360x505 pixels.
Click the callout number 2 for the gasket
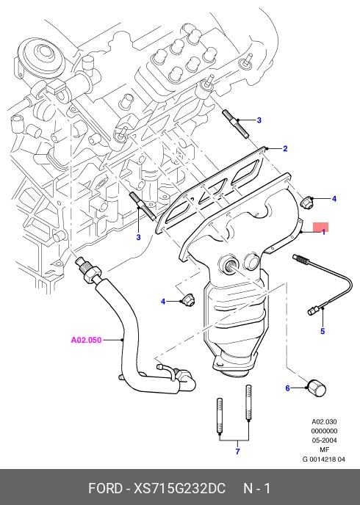[285, 148]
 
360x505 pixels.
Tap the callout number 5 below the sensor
[323, 331]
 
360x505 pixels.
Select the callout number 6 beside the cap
[288, 388]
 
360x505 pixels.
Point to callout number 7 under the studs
[237, 451]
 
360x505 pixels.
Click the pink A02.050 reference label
[86, 340]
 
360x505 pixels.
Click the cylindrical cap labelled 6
[316, 388]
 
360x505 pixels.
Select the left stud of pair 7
[219, 415]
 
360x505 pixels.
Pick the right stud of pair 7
[248, 402]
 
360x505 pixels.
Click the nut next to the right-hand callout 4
[305, 202]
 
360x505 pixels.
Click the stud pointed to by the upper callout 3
[235, 123]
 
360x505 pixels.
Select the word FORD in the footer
[105, 488]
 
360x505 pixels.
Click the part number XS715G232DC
[179, 488]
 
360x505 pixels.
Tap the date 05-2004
[324, 440]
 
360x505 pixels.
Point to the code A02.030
[324, 421]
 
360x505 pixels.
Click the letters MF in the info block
[324, 449]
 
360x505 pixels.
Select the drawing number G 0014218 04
[323, 459]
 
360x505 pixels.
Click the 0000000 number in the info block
[324, 431]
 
